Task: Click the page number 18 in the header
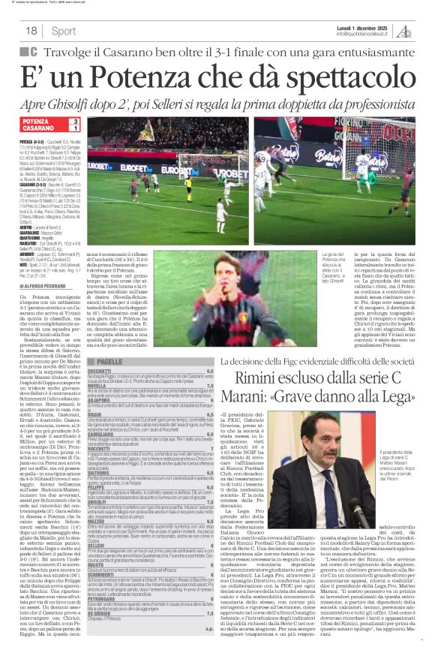31,31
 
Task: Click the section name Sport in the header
64,32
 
